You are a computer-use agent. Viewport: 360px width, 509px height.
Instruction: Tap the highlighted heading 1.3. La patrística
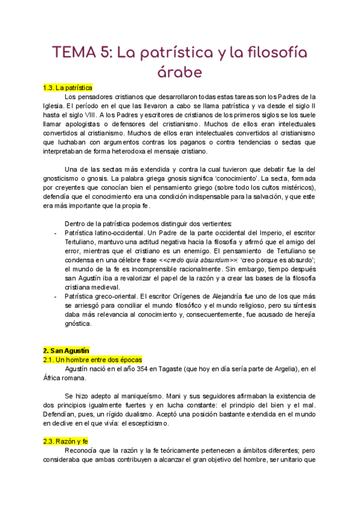point(68,88)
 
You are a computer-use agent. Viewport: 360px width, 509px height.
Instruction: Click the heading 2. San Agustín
point(66,350)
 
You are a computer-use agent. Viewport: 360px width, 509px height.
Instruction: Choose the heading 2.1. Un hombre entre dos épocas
point(92,359)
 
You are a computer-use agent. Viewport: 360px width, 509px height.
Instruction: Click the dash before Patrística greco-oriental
point(55,297)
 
